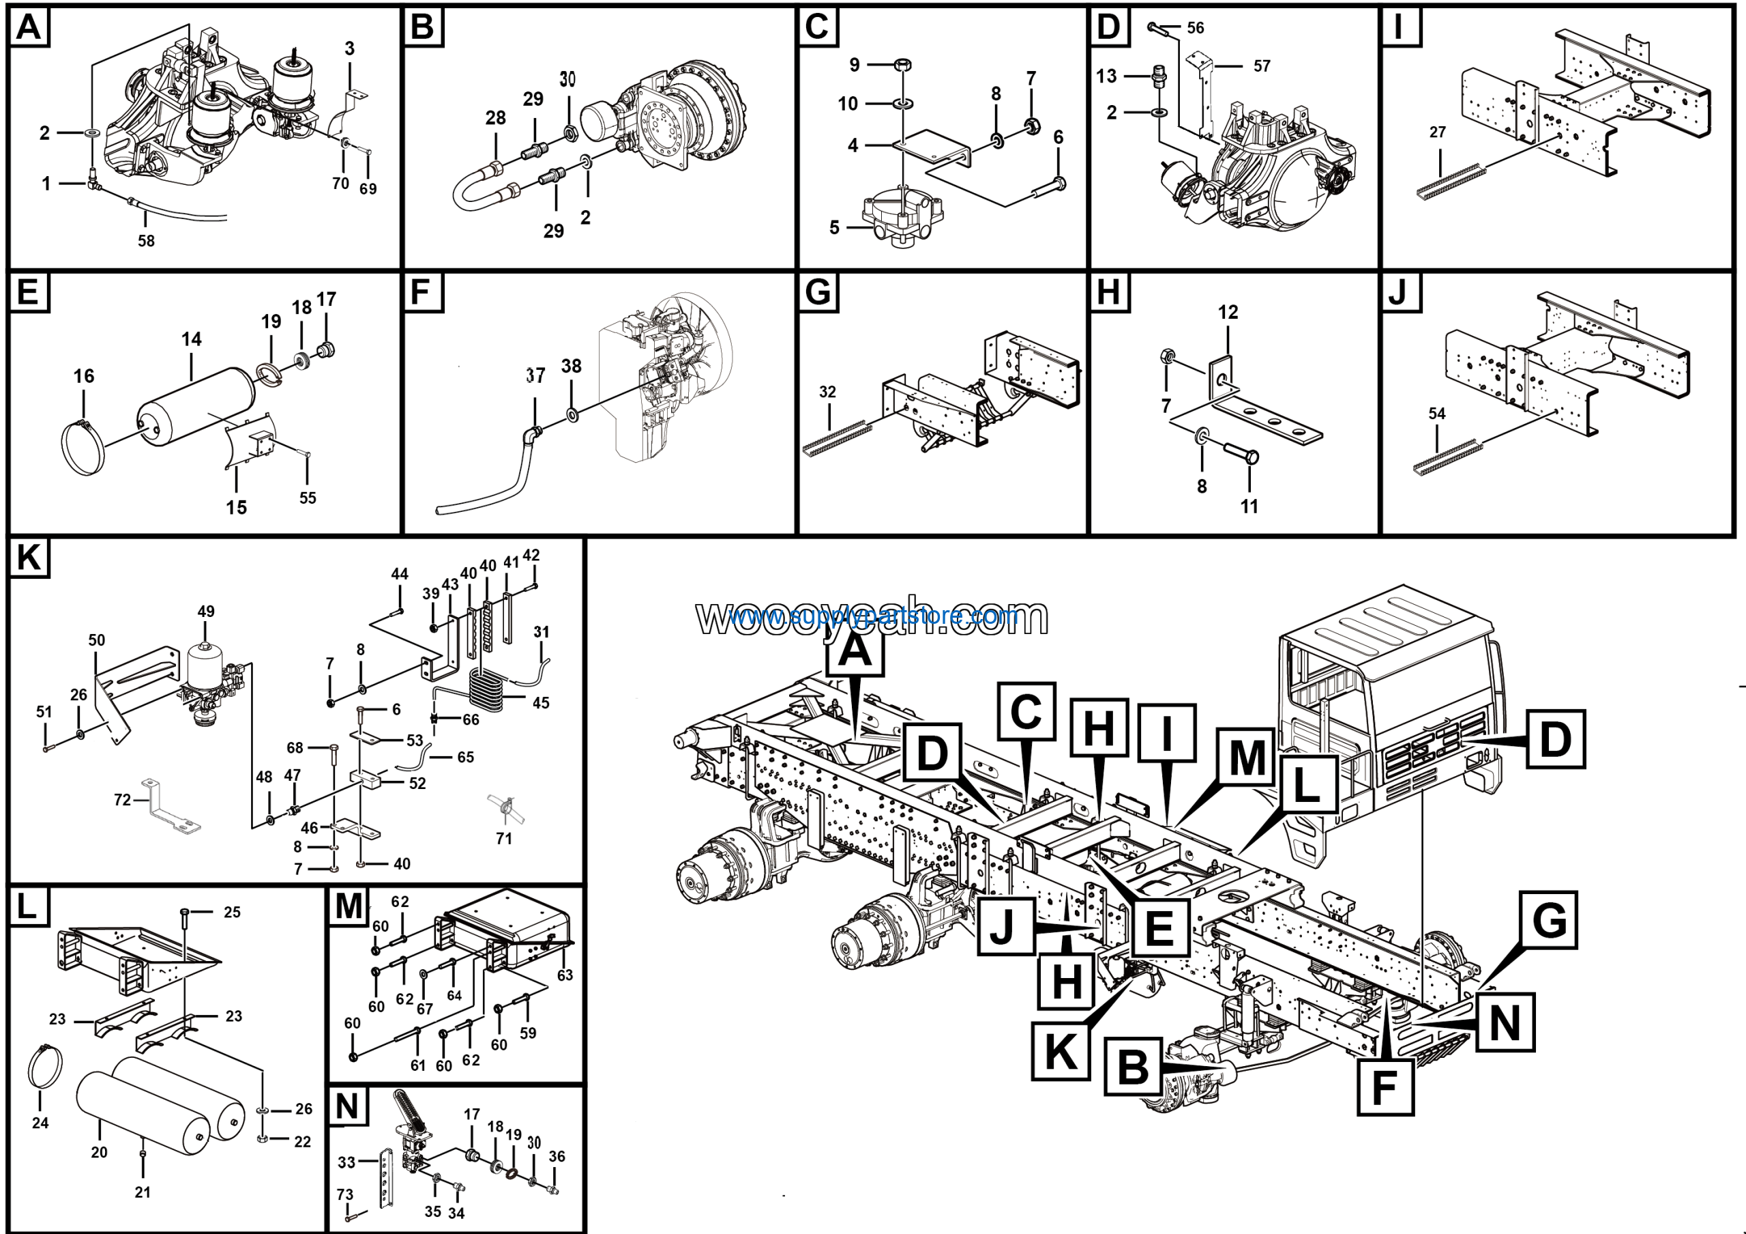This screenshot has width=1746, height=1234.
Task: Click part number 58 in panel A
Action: [146, 240]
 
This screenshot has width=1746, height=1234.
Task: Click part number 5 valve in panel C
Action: [902, 217]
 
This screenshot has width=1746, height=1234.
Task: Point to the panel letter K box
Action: [29, 558]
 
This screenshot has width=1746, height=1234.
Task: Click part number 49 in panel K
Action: [205, 611]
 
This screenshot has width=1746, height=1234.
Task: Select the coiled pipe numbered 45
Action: [487, 689]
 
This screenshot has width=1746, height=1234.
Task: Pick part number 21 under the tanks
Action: [143, 1192]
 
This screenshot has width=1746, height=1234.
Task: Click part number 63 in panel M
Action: [565, 975]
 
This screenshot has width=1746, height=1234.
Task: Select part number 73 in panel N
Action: [345, 1194]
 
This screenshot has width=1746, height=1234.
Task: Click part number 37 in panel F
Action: [535, 376]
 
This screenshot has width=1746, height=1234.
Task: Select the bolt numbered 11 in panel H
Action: [1249, 506]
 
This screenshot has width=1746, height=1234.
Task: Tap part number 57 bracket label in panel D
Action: [1262, 66]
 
